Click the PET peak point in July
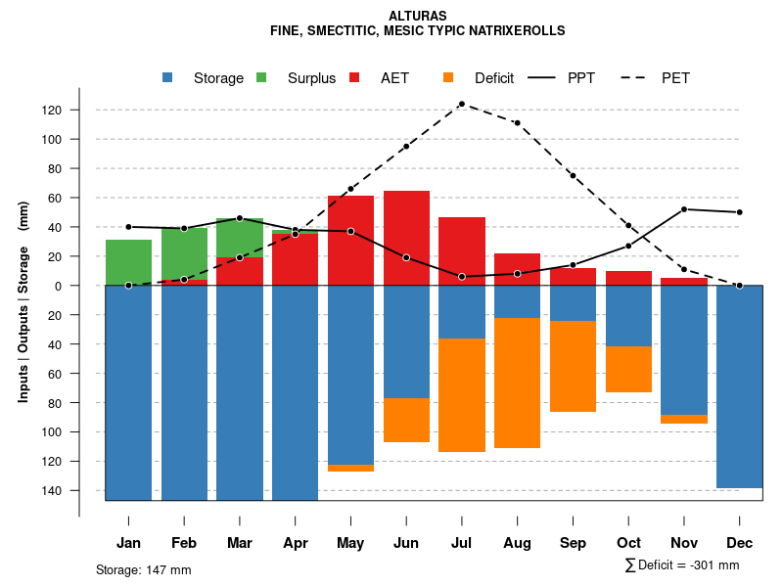[x=461, y=104]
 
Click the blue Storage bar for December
[x=739, y=386]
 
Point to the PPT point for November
[x=683, y=209]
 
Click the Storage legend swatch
[x=168, y=78]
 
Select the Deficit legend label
[x=494, y=78]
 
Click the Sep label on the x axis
[x=573, y=543]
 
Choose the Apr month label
[x=295, y=543]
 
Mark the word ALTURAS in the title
[x=418, y=17]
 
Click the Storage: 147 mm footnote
[x=144, y=569]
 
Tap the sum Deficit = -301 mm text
[x=682, y=565]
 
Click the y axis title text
[x=23, y=300]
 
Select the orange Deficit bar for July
[x=461, y=395]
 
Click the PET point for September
[x=573, y=175]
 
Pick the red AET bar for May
[x=350, y=240]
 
